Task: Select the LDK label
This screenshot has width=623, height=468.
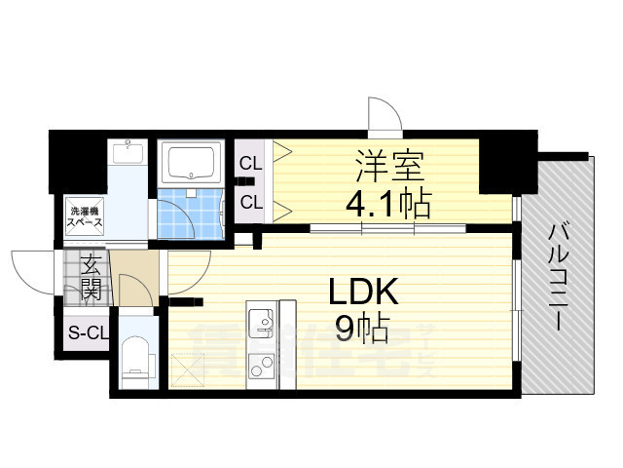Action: tap(363, 290)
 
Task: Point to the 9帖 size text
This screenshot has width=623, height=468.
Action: tap(362, 330)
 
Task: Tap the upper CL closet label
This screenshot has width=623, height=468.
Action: tap(251, 163)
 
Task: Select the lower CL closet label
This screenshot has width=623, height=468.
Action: tap(251, 203)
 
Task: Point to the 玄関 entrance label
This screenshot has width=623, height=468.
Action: tap(91, 275)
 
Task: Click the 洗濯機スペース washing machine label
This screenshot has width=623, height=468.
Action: tap(83, 215)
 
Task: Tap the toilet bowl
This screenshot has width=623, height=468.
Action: tap(136, 357)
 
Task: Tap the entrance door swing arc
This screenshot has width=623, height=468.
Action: tap(29, 271)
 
